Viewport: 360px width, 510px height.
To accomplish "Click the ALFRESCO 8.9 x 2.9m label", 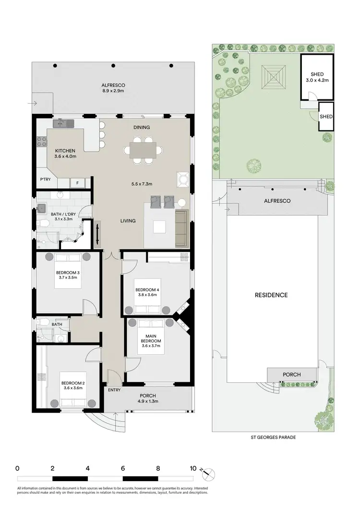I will coord(113,87).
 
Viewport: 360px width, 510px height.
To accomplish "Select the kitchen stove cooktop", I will coord(42,142).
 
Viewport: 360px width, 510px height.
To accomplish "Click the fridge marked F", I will coord(77,182).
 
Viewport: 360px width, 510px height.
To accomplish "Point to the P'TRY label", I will coord(46,180).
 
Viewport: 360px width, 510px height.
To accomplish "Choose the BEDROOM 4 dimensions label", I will coord(146,295).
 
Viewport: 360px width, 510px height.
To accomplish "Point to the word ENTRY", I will coord(114,390).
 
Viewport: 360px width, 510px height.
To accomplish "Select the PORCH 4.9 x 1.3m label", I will coord(148,398).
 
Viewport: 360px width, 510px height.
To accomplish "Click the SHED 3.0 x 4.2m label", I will coord(317,77).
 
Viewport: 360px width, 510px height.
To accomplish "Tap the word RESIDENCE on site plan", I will coord(271,295).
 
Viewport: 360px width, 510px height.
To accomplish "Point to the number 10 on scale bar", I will coord(193,468).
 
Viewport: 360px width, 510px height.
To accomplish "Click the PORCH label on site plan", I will coord(292,374).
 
